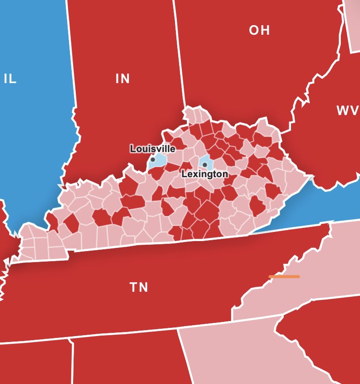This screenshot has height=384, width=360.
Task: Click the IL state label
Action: click(x=10, y=79)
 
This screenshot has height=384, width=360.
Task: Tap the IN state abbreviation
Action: click(x=122, y=79)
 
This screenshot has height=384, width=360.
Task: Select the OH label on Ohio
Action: click(x=259, y=31)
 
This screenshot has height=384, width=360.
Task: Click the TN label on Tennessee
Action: click(x=139, y=287)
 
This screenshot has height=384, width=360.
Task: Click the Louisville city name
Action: click(x=153, y=149)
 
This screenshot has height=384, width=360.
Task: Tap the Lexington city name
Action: click(x=205, y=174)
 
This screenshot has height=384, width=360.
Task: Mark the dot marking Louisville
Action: click(x=153, y=159)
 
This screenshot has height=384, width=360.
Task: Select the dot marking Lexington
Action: click(x=205, y=165)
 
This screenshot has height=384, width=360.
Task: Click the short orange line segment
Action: click(x=284, y=276)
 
